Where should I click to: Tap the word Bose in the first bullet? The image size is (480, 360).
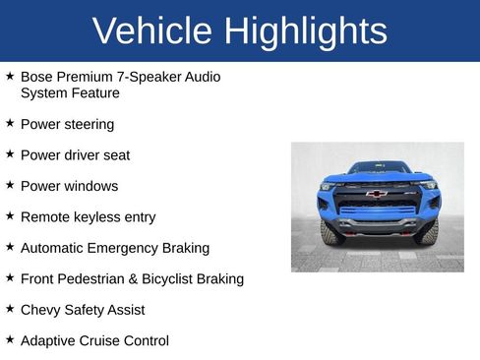pyautogui.click(x=36, y=77)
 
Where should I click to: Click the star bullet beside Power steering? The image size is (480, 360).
pyautogui.click(x=10, y=124)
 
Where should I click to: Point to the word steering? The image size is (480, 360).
pyautogui.click(x=90, y=125)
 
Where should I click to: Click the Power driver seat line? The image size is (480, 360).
pyautogui.click(x=75, y=155)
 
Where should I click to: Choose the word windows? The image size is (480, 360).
pyautogui.click(x=90, y=186)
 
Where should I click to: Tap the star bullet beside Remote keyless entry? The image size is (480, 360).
pyautogui.click(x=10, y=216)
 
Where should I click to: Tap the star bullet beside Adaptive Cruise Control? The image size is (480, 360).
pyautogui.click(x=10, y=339)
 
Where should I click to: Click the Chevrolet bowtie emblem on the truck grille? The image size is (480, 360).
pyautogui.click(x=376, y=194)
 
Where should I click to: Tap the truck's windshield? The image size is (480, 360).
pyautogui.click(x=378, y=168)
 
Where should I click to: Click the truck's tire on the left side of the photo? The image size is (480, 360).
pyautogui.click(x=331, y=233)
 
